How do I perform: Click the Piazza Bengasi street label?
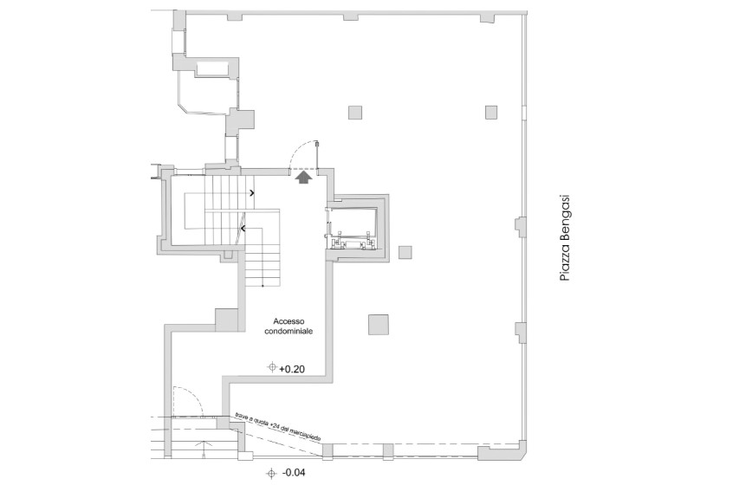click(564, 238)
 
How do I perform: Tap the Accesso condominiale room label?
click(288, 327)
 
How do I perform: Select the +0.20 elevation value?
click(292, 370)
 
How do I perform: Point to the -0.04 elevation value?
click(293, 472)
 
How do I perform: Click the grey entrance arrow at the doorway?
click(304, 177)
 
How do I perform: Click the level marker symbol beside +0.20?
click(272, 366)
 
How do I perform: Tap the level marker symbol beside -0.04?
click(271, 473)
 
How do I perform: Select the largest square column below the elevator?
click(379, 324)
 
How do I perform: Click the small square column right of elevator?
click(405, 252)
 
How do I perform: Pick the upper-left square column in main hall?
click(355, 113)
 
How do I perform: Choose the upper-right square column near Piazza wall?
click(491, 113)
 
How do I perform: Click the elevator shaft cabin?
click(352, 227)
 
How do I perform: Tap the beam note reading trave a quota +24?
click(279, 428)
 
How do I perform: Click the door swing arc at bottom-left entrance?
click(196, 393)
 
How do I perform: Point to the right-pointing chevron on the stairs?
click(252, 192)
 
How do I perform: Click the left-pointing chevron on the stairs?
click(243, 229)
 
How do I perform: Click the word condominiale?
click(288, 331)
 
